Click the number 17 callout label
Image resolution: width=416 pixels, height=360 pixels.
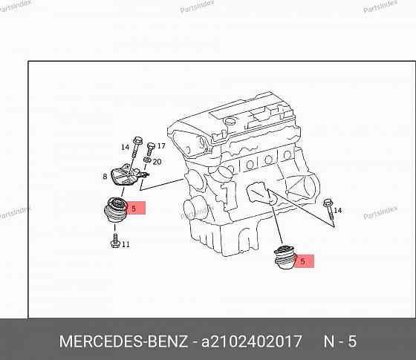(161, 145)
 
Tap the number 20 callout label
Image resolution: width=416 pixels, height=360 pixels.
(157, 160)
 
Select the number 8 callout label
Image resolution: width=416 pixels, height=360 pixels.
(105, 177)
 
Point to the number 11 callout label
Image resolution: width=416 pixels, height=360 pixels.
(126, 243)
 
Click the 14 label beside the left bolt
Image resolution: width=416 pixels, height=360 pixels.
(125, 148)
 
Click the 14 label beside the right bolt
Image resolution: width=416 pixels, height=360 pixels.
(338, 211)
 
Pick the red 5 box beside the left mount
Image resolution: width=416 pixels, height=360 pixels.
(136, 209)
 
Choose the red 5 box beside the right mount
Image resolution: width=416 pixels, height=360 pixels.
(305, 261)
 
